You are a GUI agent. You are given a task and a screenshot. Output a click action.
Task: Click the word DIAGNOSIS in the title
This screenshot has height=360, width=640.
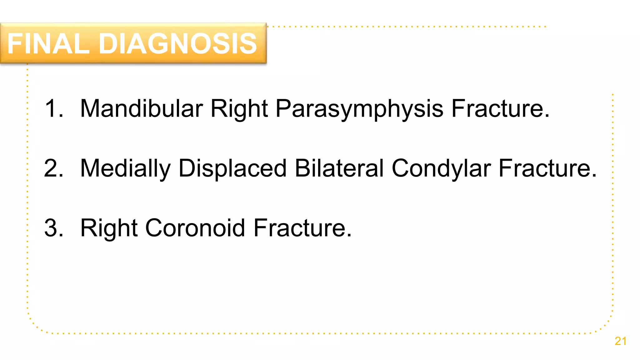(x=178, y=44)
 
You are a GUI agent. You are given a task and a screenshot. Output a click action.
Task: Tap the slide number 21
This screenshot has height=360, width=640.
(x=620, y=341)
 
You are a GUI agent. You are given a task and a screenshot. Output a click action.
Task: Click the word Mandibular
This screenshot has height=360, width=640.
(x=142, y=108)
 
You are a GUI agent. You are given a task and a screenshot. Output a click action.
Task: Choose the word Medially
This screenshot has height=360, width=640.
(x=125, y=169)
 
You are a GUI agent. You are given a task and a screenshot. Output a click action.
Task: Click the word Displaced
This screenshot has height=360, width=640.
(x=232, y=169)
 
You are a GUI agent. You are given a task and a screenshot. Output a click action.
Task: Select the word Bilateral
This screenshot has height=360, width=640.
(x=339, y=168)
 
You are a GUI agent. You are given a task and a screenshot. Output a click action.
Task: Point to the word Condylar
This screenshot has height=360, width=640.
(x=441, y=169)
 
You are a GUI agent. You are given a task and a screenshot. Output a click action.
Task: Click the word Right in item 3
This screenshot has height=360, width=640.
(x=109, y=228)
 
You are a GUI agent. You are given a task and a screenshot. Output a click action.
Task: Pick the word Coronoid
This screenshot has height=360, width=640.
(x=195, y=228)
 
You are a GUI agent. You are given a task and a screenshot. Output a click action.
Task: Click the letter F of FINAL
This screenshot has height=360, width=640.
(x=15, y=44)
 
